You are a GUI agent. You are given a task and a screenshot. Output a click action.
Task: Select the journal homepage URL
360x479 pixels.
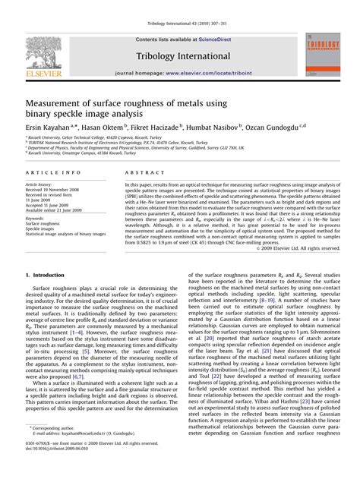[209, 74]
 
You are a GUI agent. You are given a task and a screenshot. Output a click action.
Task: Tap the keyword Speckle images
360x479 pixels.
[43, 230]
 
